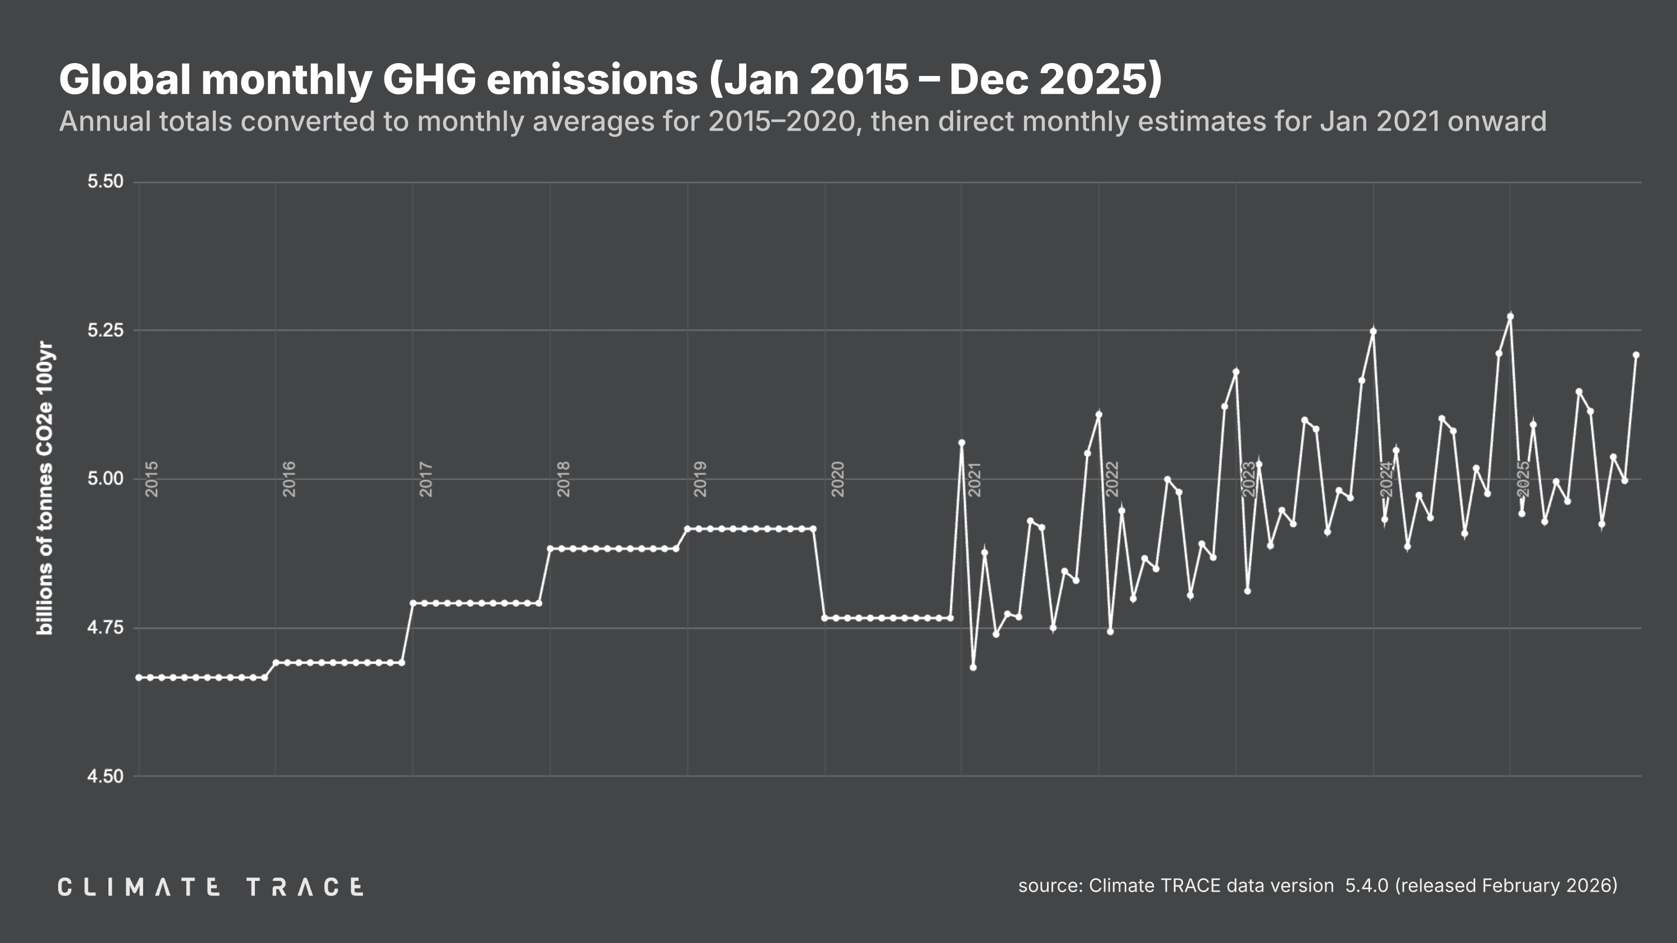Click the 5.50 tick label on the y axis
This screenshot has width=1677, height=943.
point(106,182)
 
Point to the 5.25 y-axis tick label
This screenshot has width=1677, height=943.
point(106,331)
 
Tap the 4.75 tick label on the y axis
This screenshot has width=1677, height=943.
point(106,628)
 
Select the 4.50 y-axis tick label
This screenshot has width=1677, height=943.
point(106,777)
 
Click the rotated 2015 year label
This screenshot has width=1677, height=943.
point(151,479)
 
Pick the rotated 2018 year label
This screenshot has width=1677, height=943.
point(564,479)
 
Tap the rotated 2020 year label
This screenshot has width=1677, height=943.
point(839,479)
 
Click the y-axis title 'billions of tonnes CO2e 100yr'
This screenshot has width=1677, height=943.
point(44,488)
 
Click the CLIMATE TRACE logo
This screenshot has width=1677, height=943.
point(210,887)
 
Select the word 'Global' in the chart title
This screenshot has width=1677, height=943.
point(125,79)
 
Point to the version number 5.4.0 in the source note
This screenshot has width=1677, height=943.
point(1366,885)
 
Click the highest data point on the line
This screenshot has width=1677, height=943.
point(1510,317)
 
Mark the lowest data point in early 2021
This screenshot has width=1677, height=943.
point(973,668)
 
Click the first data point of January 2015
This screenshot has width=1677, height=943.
point(139,678)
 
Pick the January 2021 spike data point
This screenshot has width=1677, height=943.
point(961,443)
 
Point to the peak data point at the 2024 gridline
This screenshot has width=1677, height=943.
point(1373,331)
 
